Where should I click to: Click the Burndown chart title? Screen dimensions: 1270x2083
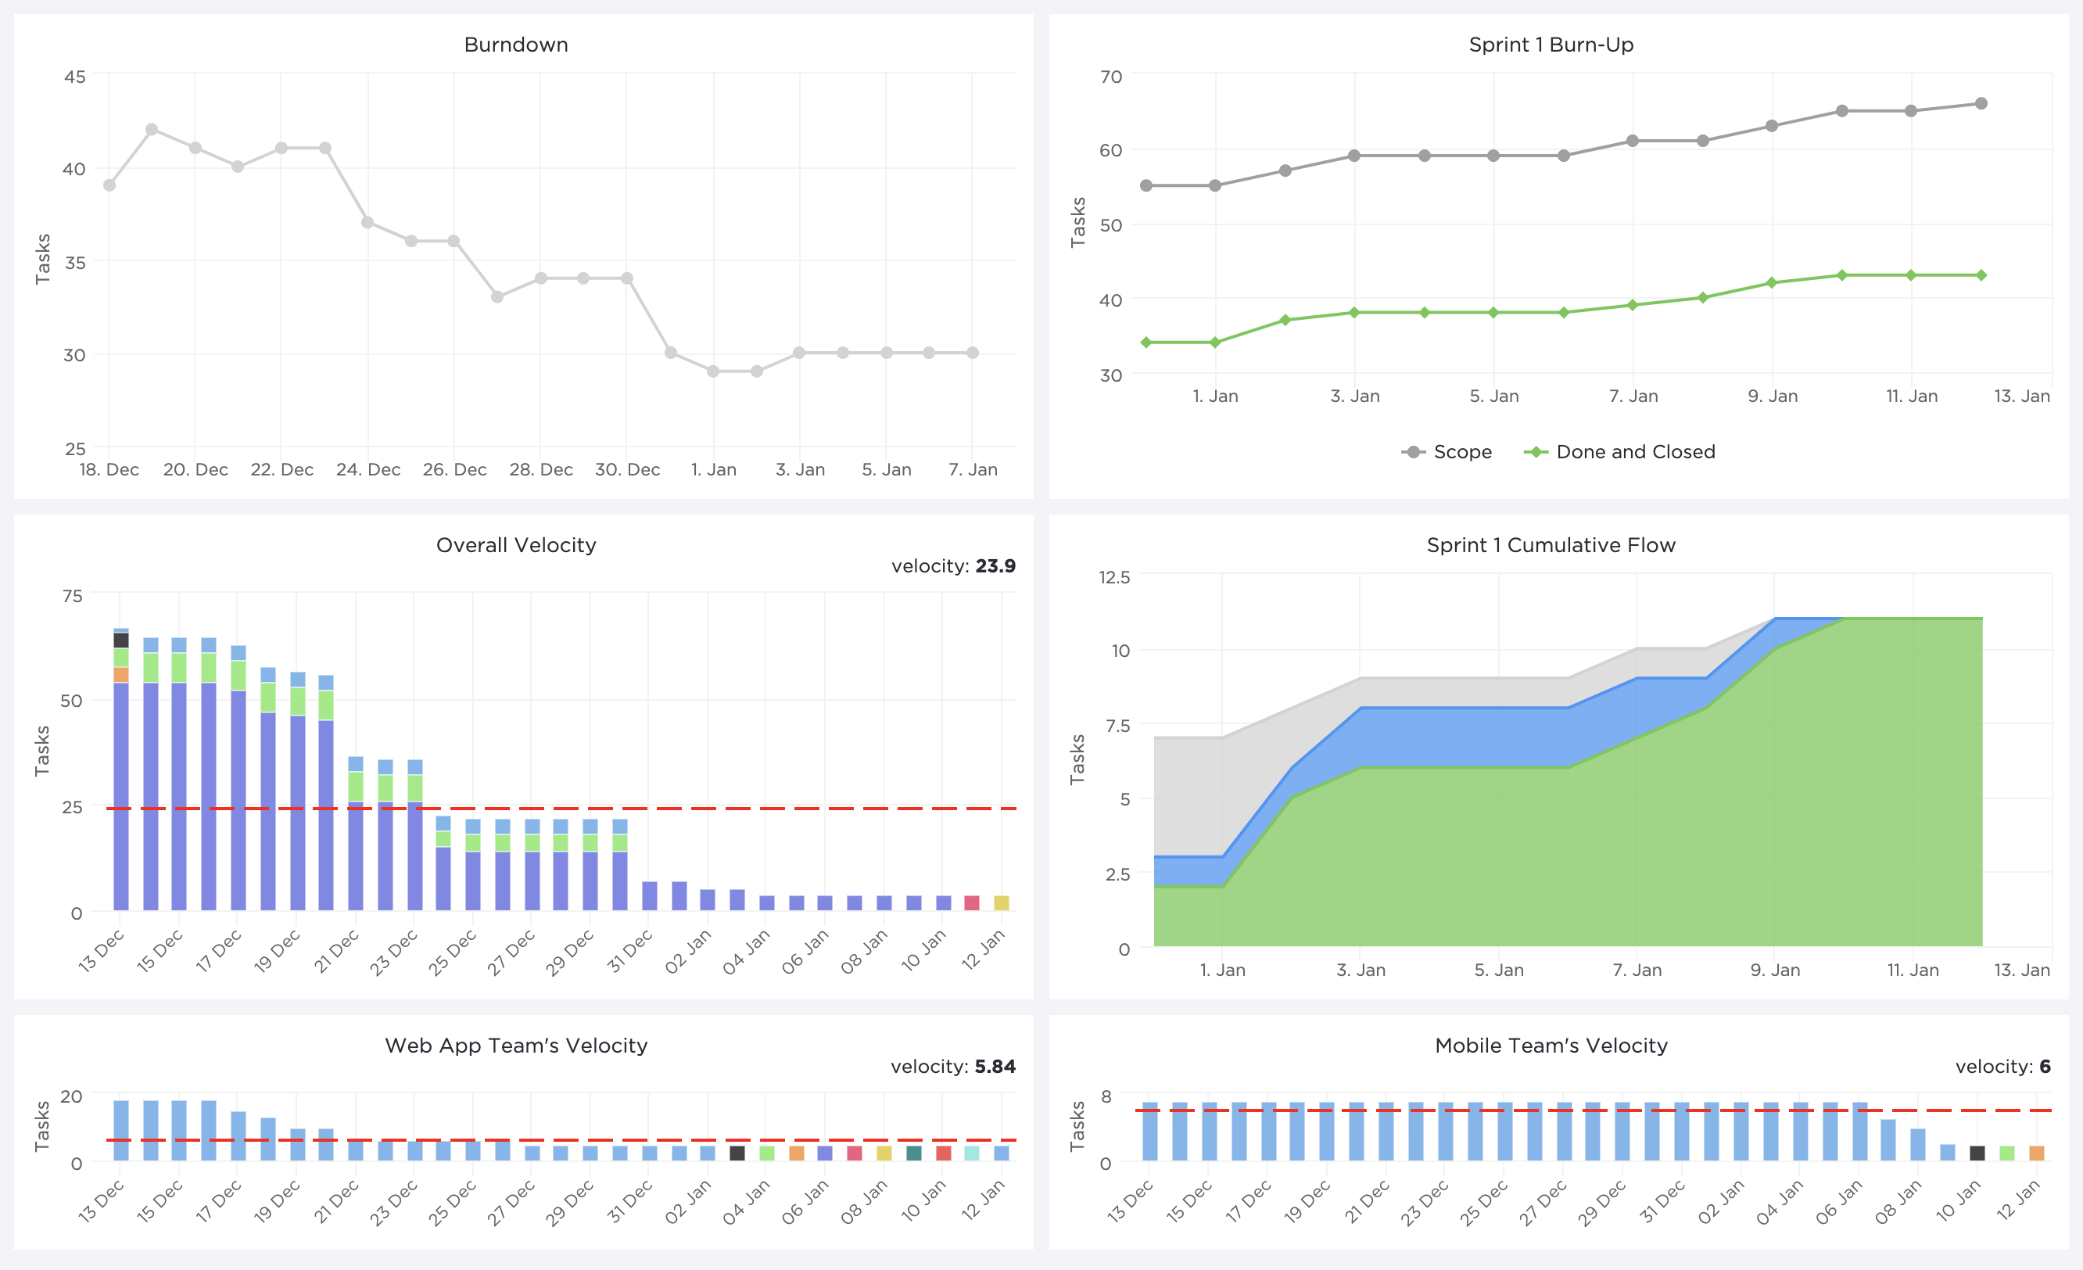pos(516,45)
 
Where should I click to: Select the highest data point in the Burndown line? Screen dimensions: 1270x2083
pos(152,129)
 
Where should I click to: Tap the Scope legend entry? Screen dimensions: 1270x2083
pos(1447,451)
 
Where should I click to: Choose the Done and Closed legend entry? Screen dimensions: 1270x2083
pos(1620,451)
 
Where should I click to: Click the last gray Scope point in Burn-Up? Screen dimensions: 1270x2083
pos(1981,104)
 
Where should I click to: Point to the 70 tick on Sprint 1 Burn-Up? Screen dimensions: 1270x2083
pos(1111,77)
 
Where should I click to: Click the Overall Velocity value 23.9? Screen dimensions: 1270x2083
pos(995,565)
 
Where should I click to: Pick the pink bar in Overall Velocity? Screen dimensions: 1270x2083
pos(972,902)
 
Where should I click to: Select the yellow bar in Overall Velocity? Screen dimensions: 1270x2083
pos(1001,902)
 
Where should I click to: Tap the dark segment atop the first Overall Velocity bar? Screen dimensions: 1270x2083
pos(121,640)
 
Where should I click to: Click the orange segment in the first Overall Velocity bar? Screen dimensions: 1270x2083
pos(121,675)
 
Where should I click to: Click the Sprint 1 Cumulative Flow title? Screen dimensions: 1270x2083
pos(1551,545)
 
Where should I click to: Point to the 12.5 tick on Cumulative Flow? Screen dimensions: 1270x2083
pos(1114,577)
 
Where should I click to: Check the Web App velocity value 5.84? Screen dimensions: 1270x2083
pos(995,1066)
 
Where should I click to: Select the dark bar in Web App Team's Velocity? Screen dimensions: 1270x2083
pos(737,1153)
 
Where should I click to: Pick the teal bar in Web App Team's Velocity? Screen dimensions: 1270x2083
pos(914,1153)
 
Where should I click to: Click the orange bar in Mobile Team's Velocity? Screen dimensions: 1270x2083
pos(2037,1153)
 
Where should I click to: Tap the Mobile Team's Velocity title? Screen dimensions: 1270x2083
pos(1551,1046)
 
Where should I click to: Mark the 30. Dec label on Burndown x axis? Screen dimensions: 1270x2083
pos(627,469)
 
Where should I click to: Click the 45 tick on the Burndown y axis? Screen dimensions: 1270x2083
pos(75,77)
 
